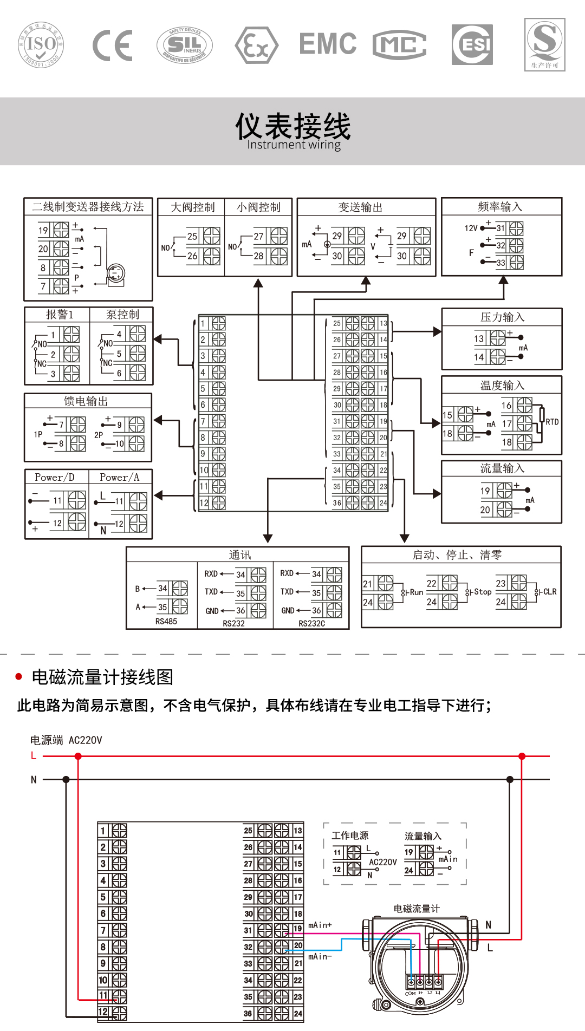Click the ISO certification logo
pyautogui.click(x=41, y=45)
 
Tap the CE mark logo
pyautogui.click(x=113, y=45)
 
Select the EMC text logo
pyautogui.click(x=328, y=44)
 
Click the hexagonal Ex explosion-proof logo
pyautogui.click(x=256, y=45)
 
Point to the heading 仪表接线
pyautogui.click(x=292, y=126)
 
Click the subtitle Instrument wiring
pyautogui.click(x=294, y=145)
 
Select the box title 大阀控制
pyautogui.click(x=192, y=207)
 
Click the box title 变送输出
pyautogui.click(x=360, y=207)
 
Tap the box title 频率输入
pyautogui.click(x=500, y=207)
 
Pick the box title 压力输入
pyautogui.click(x=502, y=317)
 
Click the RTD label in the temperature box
pyautogui.click(x=552, y=422)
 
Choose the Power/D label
pyautogui.click(x=54, y=478)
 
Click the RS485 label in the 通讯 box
pyautogui.click(x=166, y=622)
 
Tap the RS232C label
pyautogui.click(x=312, y=624)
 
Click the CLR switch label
pyautogui.click(x=550, y=592)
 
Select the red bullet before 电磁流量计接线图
pyautogui.click(x=19, y=677)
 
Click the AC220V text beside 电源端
pyautogui.click(x=85, y=740)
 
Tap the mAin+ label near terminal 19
pyautogui.click(x=320, y=925)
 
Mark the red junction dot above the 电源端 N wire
pyautogui.click(x=78, y=756)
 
